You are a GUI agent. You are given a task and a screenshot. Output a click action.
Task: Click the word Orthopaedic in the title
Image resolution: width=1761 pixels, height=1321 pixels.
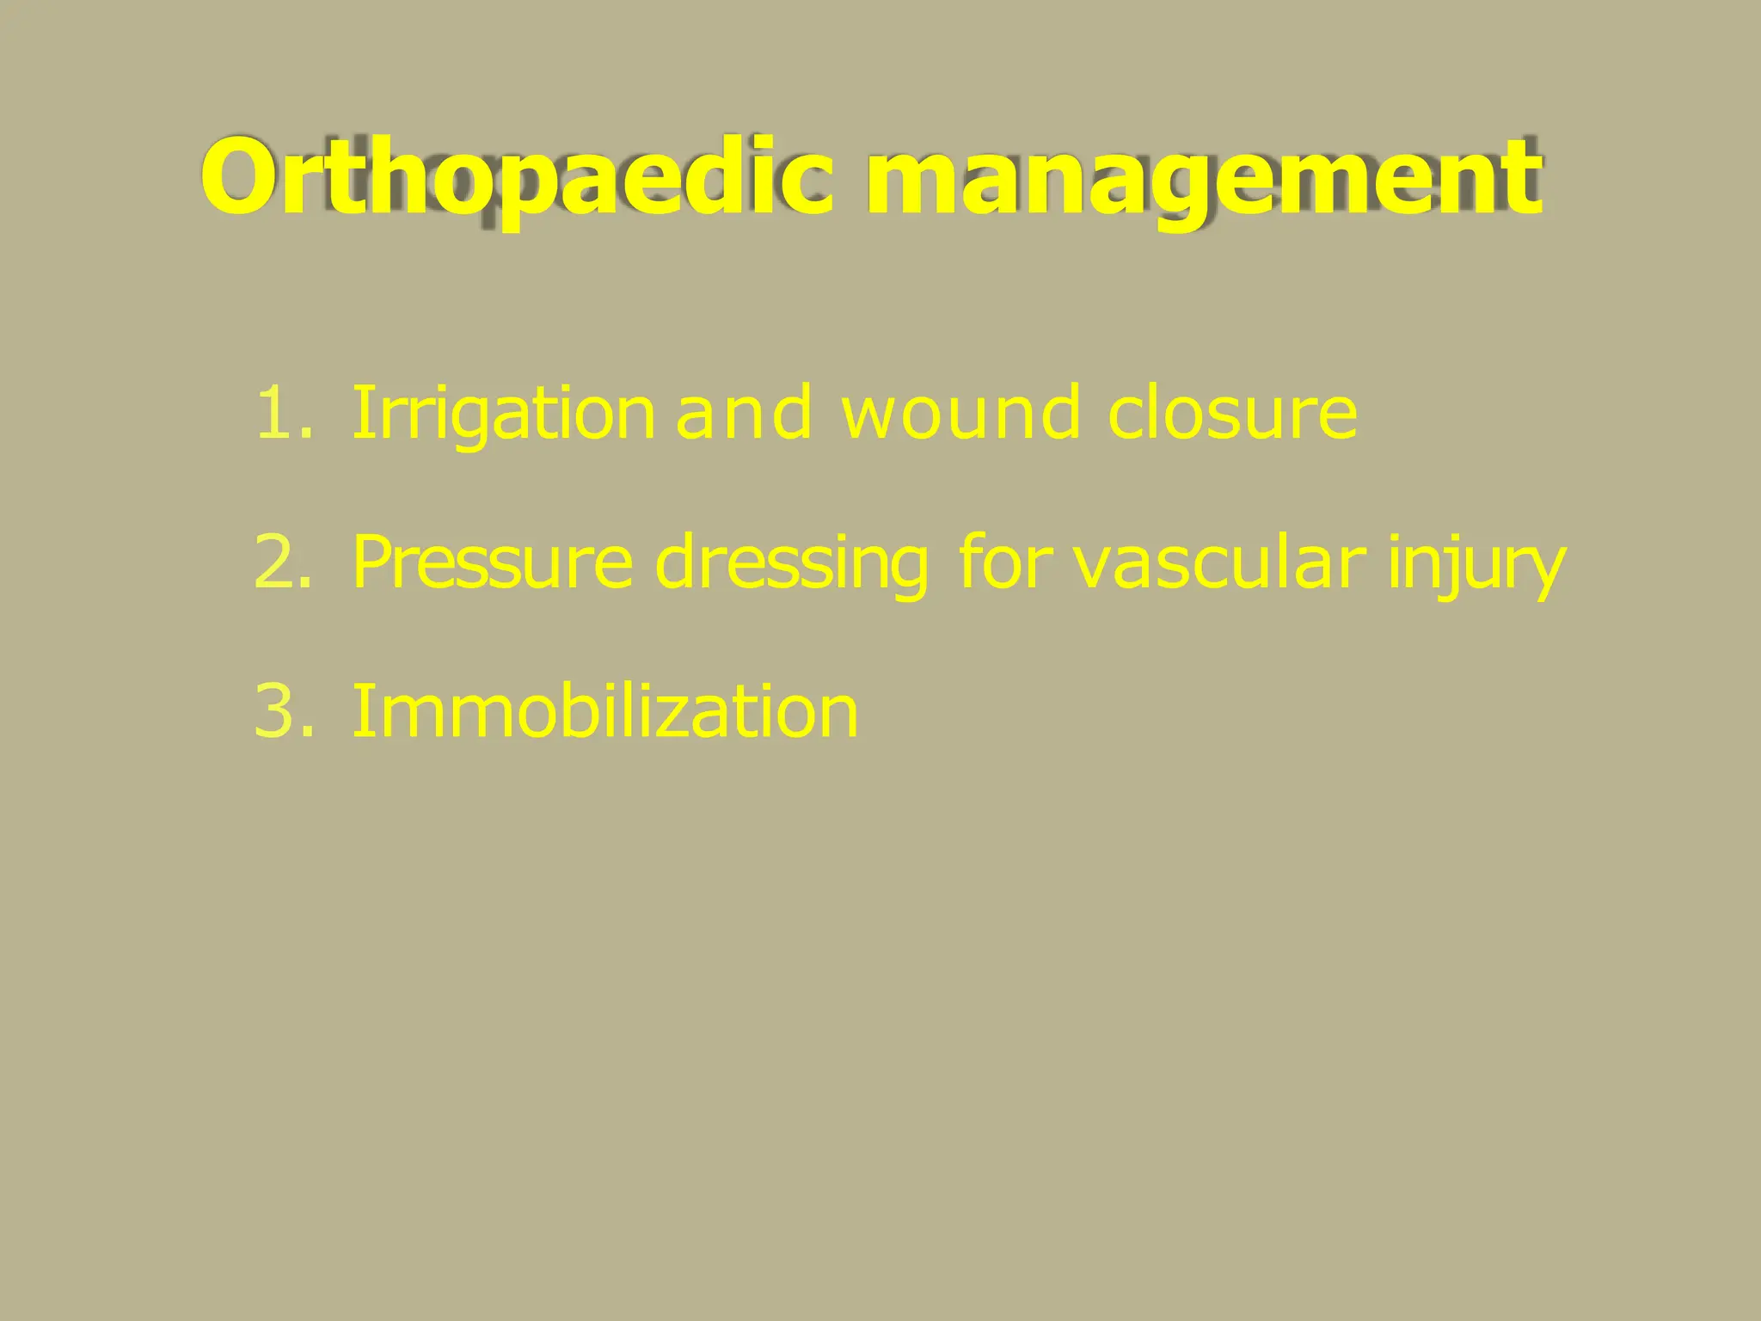pos(517,178)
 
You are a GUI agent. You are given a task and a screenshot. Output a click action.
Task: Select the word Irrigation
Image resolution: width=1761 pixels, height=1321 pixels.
pos(503,414)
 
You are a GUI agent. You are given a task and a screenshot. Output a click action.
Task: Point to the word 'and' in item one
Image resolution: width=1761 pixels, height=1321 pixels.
pos(744,414)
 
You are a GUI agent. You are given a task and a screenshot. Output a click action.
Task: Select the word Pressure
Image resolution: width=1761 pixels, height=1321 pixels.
pos(492,562)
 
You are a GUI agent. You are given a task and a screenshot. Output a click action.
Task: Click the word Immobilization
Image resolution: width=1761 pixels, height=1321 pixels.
pos(604,711)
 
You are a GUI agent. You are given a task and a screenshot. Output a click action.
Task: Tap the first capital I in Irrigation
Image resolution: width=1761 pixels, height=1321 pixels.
pos(361,414)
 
